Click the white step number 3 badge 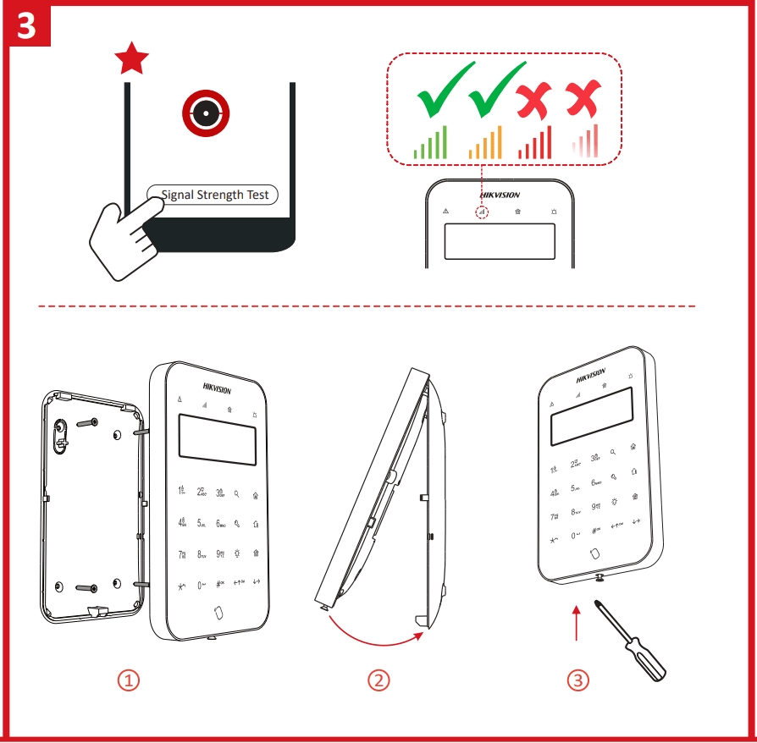[27, 25]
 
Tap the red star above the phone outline [131, 59]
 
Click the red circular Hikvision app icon [206, 113]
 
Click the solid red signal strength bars [535, 143]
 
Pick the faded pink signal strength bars [585, 142]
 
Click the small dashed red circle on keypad [482, 212]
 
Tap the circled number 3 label [577, 680]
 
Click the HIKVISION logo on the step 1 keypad [216, 388]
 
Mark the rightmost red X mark [583, 98]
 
